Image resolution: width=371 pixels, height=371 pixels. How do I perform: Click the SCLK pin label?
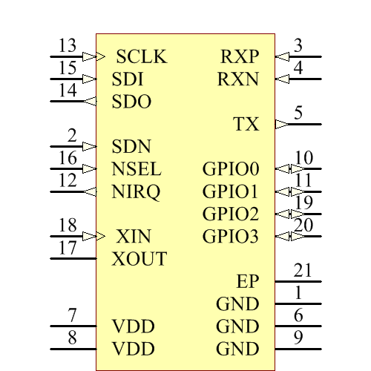[142, 57]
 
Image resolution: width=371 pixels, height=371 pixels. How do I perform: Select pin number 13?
[68, 45]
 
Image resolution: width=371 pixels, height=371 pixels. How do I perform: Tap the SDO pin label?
[131, 102]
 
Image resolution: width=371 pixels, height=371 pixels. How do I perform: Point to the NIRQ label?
[136, 192]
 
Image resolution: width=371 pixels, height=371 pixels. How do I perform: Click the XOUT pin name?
[139, 260]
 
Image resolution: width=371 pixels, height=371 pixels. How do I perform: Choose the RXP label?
[240, 57]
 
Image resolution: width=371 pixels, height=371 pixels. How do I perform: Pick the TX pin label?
[246, 124]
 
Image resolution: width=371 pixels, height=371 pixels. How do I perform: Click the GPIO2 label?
[231, 214]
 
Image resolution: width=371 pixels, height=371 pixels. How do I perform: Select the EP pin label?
[248, 282]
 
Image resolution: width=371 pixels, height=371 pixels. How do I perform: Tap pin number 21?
[302, 270]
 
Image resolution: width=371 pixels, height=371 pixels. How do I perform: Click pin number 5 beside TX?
[298, 113]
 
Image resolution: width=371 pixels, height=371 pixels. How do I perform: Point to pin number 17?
[68, 248]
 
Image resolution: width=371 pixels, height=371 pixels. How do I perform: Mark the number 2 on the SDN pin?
[72, 135]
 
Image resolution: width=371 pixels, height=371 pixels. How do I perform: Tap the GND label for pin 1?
[237, 304]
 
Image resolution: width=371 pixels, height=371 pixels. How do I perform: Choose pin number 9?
[298, 338]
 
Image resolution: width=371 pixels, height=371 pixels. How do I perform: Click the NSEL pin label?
[137, 169]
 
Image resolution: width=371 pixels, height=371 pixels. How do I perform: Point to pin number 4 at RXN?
[298, 68]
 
